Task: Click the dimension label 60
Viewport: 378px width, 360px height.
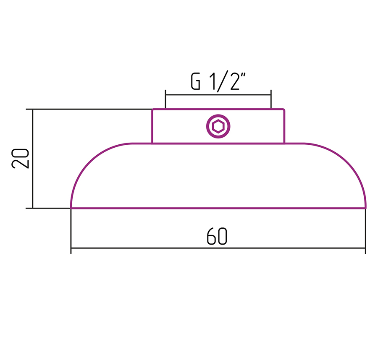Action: (217, 236)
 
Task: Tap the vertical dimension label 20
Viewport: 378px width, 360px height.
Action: (20, 159)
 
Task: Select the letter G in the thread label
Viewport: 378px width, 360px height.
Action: (195, 82)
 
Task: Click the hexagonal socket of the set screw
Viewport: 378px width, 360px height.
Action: (218, 126)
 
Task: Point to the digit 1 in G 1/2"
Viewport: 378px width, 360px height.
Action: (213, 82)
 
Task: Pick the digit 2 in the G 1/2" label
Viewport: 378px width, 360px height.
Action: (234, 82)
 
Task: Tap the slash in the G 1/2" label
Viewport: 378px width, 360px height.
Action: (222, 82)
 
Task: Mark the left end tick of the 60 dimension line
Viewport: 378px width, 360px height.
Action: (71, 248)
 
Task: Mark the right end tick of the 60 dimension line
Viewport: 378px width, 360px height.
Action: (365, 248)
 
